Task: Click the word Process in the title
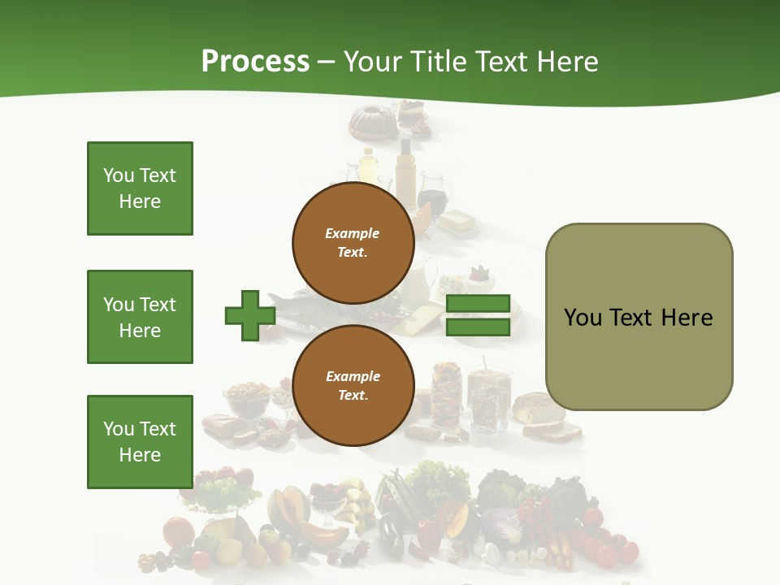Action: point(255,62)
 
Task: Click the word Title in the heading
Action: point(439,62)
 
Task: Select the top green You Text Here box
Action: point(140,188)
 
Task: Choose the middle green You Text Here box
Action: point(140,317)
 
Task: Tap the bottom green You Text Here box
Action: point(140,442)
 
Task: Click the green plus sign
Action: point(250,315)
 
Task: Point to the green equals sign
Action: point(478,315)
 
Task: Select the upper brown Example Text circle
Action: point(353,243)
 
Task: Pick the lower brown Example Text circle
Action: point(353,385)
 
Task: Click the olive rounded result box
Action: point(639,317)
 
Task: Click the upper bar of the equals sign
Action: point(478,304)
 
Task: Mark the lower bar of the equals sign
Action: point(478,327)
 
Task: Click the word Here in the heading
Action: point(567,62)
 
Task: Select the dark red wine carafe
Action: point(432,199)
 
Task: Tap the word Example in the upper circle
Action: point(353,233)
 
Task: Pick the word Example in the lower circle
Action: point(353,376)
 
